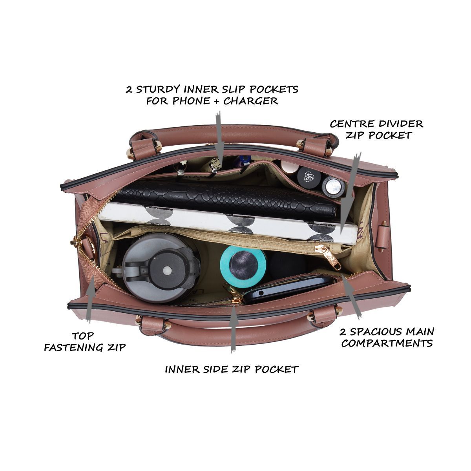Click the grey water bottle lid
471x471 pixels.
pos(161,268)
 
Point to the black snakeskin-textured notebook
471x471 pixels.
pos(225,199)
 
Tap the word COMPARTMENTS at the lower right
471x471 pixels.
pos(387,343)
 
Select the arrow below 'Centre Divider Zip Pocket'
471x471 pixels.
pos(350,193)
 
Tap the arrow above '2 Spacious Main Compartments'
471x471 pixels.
pos(351,297)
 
